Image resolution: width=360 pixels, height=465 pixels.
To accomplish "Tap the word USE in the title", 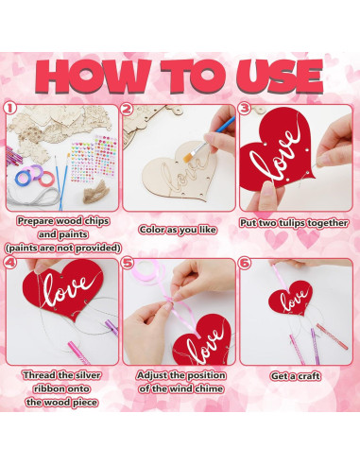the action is click(279, 77).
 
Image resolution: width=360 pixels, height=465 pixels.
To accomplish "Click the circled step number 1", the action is click(9, 109).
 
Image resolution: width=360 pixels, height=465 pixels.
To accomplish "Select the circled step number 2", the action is click(127, 109).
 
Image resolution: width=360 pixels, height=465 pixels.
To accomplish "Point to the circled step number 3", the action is click(244, 109).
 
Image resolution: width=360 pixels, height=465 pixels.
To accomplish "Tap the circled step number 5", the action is click(127, 263).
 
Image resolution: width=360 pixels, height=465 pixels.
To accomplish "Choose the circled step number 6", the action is click(245, 263).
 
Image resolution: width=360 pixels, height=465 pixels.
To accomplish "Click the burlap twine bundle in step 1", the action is click(95, 192).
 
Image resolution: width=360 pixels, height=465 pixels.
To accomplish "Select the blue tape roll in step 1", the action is click(23, 178).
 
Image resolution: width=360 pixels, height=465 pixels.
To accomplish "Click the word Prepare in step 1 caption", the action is click(36, 221).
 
